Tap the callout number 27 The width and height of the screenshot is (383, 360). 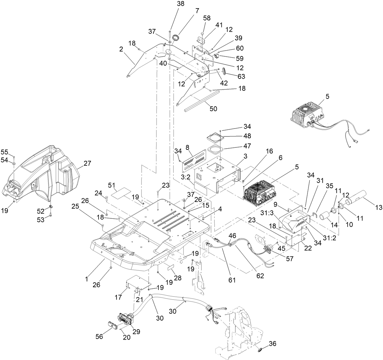click(87, 164)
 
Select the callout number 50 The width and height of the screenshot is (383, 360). click(213, 109)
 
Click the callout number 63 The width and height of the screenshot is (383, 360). click(241, 76)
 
